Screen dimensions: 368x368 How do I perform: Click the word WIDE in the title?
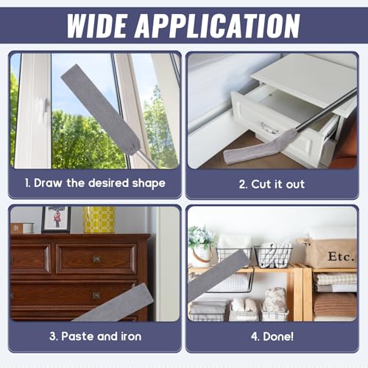click(97, 26)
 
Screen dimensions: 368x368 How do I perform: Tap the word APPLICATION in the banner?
click(218, 26)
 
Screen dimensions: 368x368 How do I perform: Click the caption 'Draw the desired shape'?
click(99, 183)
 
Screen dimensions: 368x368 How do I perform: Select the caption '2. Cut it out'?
click(272, 184)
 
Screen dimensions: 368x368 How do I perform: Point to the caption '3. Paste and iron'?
click(95, 336)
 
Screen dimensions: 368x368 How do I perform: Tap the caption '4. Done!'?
click(272, 336)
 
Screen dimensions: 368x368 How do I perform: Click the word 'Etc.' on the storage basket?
click(342, 256)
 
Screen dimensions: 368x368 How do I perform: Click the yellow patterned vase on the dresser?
click(99, 219)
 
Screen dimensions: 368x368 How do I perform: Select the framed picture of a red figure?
click(56, 219)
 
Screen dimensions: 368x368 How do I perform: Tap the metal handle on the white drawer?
click(270, 128)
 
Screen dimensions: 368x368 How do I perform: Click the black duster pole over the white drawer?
click(326, 110)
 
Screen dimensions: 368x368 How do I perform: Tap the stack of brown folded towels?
click(335, 305)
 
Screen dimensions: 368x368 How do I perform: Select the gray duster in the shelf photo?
click(219, 275)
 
